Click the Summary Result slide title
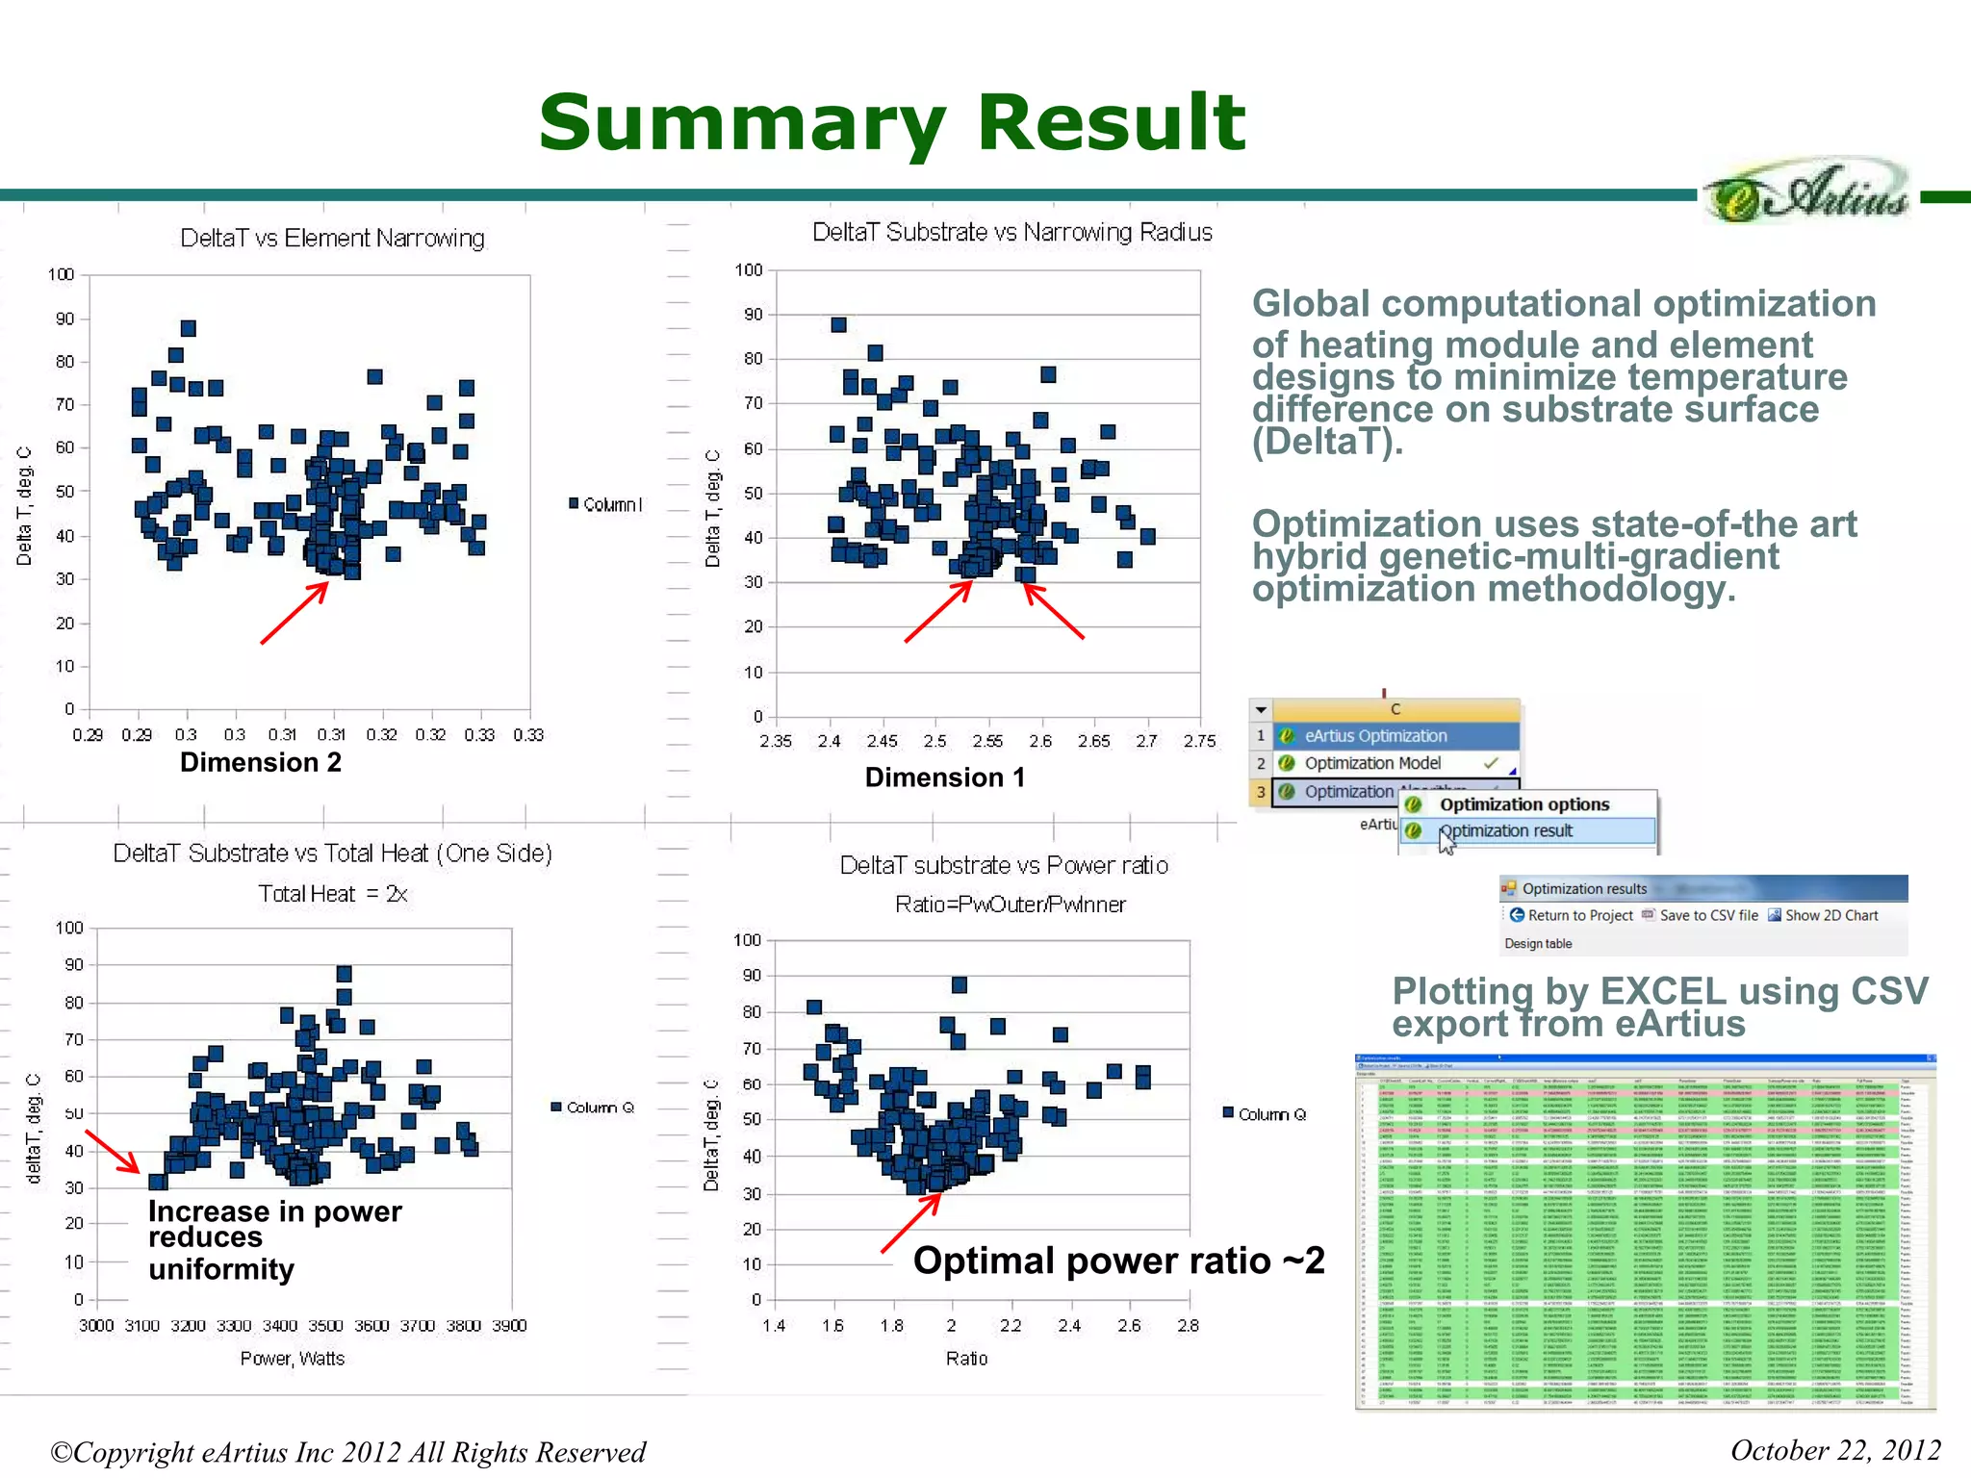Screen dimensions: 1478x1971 [892, 123]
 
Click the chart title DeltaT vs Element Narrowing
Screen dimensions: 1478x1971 [332, 238]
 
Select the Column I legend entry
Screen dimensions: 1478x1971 [606, 504]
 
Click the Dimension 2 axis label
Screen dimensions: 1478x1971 [260, 762]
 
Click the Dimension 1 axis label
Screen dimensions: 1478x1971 [944, 777]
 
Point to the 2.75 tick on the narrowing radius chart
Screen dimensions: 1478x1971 [1199, 741]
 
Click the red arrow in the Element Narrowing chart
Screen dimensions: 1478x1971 [294, 613]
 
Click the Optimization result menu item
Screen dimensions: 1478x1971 [1505, 830]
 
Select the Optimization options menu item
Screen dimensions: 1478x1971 [1523, 804]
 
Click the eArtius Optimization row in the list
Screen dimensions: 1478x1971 [1375, 736]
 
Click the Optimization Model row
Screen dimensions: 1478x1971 [1372, 763]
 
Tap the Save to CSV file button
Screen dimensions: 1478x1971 [1700, 915]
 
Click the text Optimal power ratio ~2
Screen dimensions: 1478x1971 [1118, 1261]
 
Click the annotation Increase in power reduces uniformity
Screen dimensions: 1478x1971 [274, 1239]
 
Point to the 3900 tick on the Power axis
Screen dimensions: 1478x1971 [509, 1325]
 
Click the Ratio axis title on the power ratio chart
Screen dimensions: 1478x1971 [966, 1358]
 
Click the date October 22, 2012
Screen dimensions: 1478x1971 [1834, 1450]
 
